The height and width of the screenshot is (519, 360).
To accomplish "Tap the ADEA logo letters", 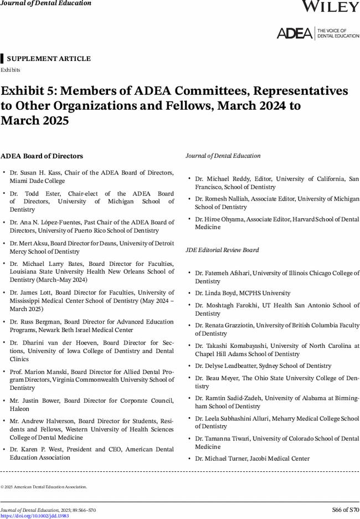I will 294,33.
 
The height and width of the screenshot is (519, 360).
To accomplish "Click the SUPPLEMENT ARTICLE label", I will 49,59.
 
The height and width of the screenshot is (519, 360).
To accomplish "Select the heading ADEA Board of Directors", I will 42,156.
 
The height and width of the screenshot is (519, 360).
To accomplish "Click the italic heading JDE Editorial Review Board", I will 222,250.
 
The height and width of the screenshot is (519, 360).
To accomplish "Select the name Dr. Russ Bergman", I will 32,321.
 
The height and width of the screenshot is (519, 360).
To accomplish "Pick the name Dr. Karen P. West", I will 34,449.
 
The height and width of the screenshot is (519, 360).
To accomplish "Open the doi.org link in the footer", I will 34,516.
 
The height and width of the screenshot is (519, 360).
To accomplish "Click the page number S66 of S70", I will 346,510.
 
